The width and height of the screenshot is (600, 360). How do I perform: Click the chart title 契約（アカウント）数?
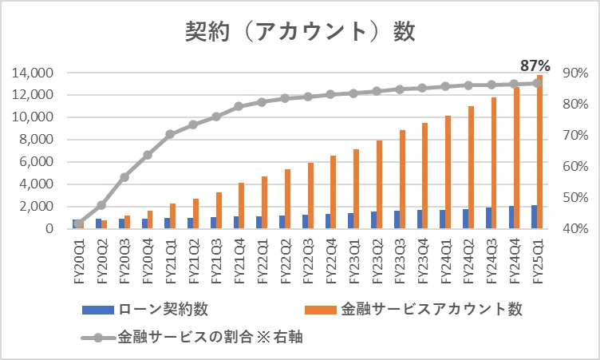coord(300,31)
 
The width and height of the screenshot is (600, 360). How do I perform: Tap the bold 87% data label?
coord(535,66)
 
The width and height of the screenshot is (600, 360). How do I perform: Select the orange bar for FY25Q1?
coord(540,152)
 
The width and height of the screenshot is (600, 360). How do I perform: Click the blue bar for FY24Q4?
coord(511,218)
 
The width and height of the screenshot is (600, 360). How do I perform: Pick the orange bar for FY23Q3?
coord(402,180)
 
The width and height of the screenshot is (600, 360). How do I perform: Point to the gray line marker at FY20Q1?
coord(78,224)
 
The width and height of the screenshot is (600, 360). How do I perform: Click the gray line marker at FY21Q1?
coord(170,134)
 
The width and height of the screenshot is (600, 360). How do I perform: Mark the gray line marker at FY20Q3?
coord(124,177)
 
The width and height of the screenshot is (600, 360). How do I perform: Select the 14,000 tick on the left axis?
coord(33,73)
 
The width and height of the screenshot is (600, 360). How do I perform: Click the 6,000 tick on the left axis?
coord(36,161)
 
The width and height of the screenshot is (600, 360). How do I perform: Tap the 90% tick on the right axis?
coord(575,73)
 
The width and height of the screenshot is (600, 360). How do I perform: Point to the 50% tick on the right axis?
coord(575,198)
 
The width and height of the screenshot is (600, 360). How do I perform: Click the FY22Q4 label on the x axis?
coord(331,261)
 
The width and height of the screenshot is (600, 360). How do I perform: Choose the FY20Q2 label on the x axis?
coord(102,261)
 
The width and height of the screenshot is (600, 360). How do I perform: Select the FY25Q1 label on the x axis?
coord(538,261)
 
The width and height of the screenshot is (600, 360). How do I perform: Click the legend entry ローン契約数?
coord(145,309)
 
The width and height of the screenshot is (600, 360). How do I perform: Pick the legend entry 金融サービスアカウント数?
coord(413,309)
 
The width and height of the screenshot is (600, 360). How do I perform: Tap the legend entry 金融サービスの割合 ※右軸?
coord(192,338)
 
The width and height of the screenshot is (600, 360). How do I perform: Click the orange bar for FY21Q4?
coord(242,206)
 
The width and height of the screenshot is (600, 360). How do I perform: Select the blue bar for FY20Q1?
coord(75,224)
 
